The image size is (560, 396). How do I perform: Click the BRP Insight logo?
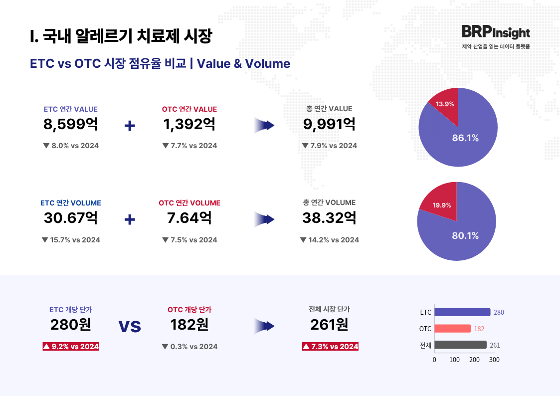point(495,32)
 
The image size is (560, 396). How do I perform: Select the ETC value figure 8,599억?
point(71,124)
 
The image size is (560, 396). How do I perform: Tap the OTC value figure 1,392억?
point(189,124)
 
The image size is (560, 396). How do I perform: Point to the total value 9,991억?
point(329,124)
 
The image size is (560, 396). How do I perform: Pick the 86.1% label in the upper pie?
point(465,138)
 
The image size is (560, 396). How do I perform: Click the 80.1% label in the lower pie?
point(465,235)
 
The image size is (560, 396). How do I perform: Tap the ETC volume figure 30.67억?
point(71,218)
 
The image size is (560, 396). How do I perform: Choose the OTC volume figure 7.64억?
point(189,218)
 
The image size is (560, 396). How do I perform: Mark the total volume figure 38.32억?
point(329,218)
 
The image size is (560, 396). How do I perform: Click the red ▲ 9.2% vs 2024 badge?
point(71,346)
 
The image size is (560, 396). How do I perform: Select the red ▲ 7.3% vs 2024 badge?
point(330,346)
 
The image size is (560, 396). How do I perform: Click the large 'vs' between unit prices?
point(130,326)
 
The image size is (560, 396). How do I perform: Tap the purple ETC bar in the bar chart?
point(462,312)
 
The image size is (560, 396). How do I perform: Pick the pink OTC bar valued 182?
point(452,329)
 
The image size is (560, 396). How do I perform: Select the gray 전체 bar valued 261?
point(460,345)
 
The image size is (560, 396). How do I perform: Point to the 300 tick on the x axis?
point(494,360)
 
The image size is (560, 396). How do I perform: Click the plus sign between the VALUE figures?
point(130,126)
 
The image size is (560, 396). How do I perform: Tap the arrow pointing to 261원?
point(264,326)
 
